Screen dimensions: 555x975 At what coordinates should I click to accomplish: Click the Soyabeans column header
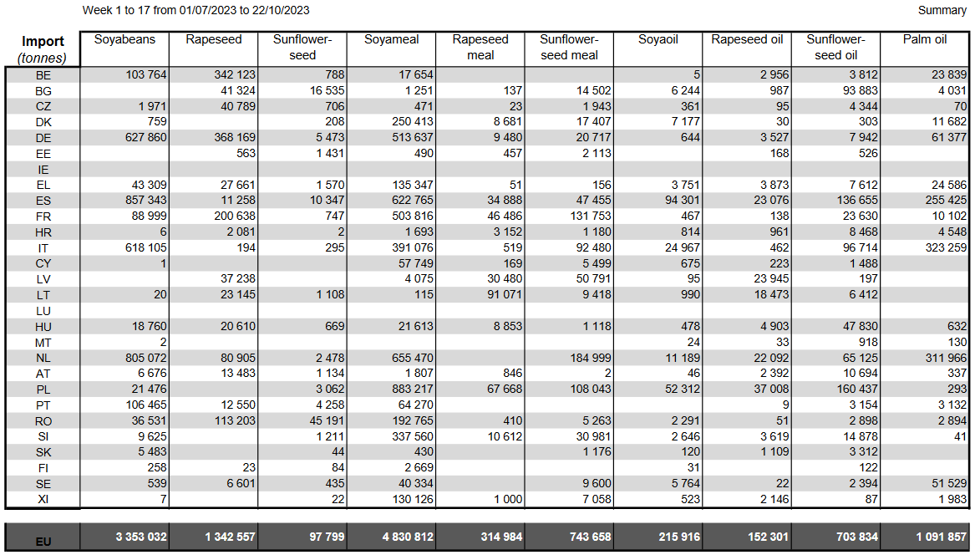click(x=124, y=39)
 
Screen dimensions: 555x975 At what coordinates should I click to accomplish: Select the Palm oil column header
click(x=925, y=39)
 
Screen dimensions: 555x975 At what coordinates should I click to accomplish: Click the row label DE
click(x=43, y=138)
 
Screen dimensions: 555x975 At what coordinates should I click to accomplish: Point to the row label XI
click(x=43, y=499)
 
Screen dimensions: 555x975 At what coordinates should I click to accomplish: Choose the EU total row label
click(x=43, y=542)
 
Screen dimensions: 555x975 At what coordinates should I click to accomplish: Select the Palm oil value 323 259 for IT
click(x=940, y=247)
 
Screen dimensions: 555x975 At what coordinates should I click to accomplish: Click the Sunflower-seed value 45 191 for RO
click(x=321, y=420)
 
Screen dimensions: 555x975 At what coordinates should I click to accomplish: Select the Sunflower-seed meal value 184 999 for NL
click(x=587, y=358)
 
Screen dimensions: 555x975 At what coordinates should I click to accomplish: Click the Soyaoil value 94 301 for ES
click(x=679, y=201)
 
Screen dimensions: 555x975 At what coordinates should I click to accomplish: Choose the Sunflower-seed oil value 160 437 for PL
click(x=852, y=390)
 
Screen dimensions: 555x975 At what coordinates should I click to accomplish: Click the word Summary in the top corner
click(x=942, y=10)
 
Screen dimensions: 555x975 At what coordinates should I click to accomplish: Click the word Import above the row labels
click(x=43, y=42)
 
